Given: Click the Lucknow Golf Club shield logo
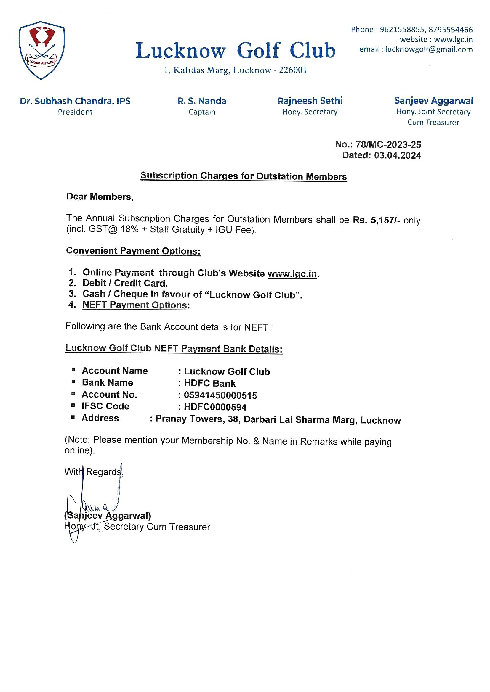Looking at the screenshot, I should point(42,50).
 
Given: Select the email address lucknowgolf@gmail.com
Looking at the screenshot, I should point(429,49).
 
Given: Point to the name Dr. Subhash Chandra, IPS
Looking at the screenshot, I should point(75,101).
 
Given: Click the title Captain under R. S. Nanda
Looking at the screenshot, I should point(202,112).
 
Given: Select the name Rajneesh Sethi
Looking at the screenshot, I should point(310,101).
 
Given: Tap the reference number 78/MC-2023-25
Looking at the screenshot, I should point(388,145).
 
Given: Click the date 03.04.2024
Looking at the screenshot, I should point(397,155).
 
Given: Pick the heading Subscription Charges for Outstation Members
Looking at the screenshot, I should point(244,176).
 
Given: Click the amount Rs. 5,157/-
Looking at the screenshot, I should point(376,220).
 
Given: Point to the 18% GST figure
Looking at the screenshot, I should point(129,229).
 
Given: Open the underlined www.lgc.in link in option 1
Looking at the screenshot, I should point(292,274).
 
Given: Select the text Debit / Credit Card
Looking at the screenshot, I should point(125,283).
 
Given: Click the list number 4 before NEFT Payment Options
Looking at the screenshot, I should point(72,304).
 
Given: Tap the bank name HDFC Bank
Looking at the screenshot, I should point(210,383).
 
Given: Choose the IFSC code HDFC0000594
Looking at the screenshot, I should point(215,407).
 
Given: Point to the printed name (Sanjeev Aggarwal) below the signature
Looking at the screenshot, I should point(108,516).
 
